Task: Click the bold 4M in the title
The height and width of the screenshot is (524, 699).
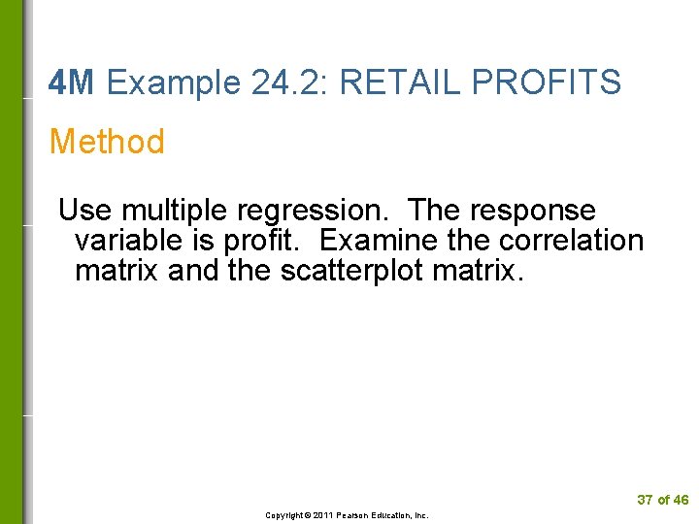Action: [x=71, y=83]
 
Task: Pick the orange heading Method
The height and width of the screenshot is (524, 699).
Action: [x=107, y=143]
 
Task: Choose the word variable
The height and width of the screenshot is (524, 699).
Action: [x=132, y=240]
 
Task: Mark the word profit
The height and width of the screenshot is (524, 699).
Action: [x=266, y=241]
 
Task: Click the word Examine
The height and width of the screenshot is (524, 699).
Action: [x=374, y=240]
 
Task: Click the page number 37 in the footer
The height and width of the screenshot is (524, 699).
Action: [x=645, y=500]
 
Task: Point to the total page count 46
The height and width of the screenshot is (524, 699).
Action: [x=681, y=500]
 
